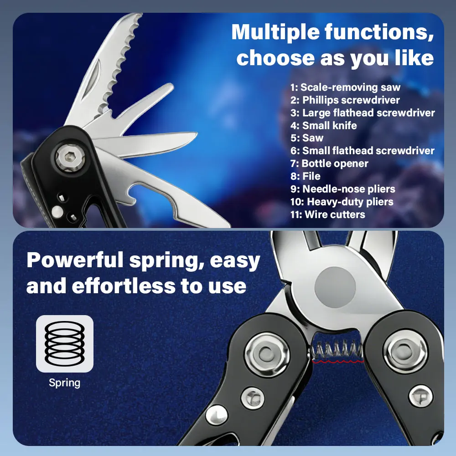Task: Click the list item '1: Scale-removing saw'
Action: [x=345, y=87]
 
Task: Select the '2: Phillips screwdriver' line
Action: [x=345, y=100]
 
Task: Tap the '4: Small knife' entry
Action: [x=323, y=125]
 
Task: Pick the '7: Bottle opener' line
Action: [x=329, y=163]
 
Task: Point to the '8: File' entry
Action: [x=305, y=176]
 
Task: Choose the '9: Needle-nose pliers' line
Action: [x=342, y=189]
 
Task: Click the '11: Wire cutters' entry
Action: [x=327, y=214]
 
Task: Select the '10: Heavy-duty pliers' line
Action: [x=342, y=202]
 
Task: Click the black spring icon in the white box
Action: [x=65, y=343]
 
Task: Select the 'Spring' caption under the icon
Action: [x=65, y=383]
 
